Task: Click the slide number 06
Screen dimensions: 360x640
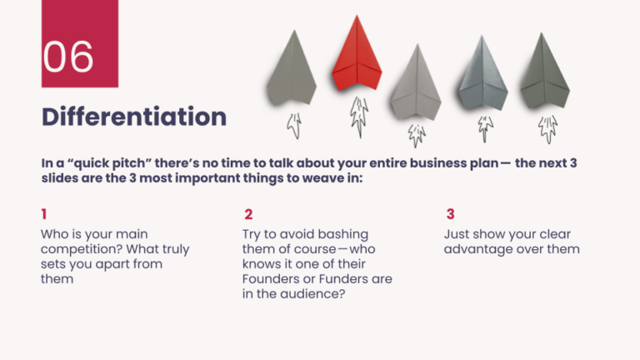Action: [x=68, y=57]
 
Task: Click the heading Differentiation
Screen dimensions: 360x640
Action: [x=134, y=116]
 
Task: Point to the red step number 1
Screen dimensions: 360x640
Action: [x=43, y=214]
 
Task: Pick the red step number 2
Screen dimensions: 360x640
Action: [x=248, y=214]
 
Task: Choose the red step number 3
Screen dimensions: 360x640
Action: [x=450, y=214]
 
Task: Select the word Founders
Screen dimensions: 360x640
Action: [x=275, y=279]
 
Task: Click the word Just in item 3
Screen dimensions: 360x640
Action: [x=458, y=234]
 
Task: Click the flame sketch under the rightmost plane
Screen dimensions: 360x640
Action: [x=547, y=127]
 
